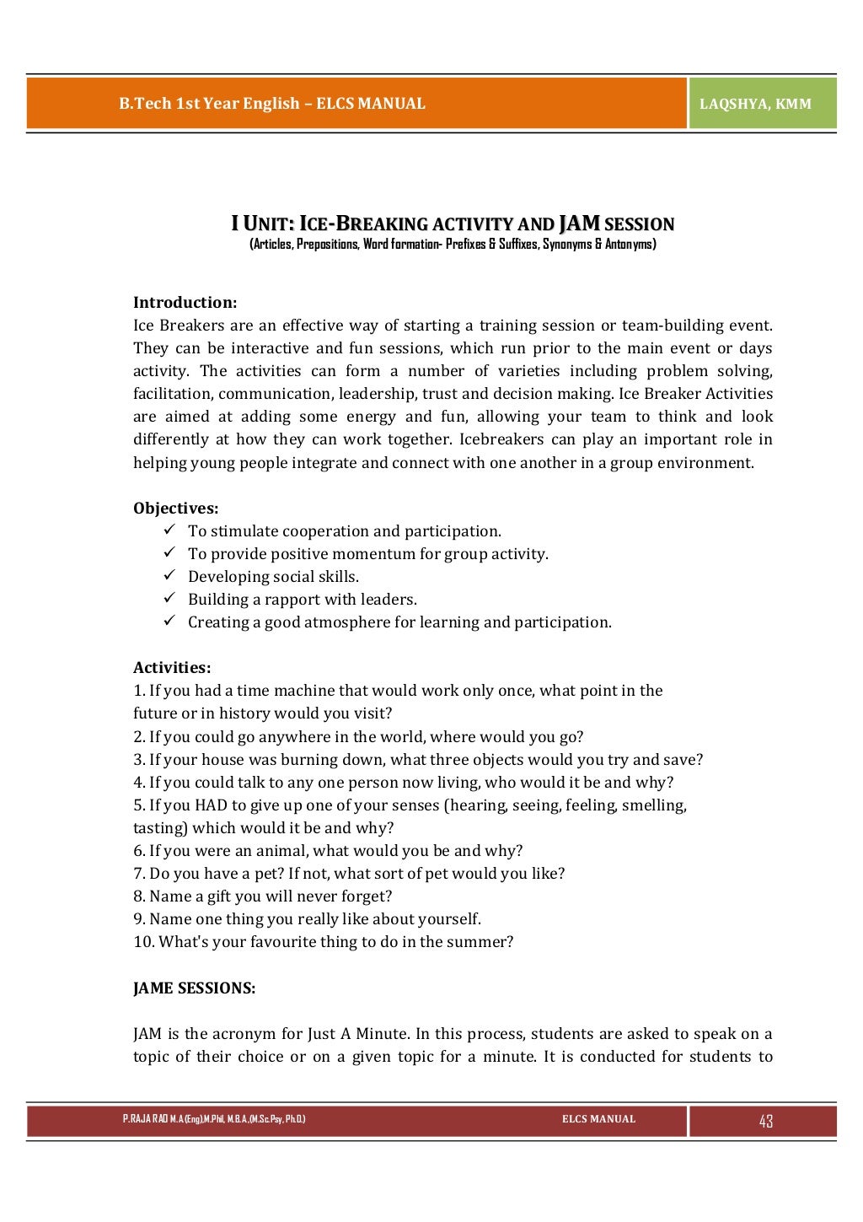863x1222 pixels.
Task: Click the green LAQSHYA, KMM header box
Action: coord(762,104)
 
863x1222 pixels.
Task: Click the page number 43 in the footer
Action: coord(765,1121)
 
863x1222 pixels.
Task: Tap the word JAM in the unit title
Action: coord(578,223)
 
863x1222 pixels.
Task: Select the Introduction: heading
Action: coord(185,303)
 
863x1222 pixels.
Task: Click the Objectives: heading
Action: coord(175,509)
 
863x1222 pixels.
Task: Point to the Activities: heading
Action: coord(172,668)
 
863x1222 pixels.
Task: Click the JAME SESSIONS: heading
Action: coord(194,988)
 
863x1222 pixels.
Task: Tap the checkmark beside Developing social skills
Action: coord(169,576)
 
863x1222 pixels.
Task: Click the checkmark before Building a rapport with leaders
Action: coord(169,599)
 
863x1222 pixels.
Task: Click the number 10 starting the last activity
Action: coord(142,942)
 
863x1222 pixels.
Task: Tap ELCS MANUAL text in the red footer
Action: coord(598,1119)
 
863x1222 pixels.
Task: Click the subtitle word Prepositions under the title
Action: coord(326,245)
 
